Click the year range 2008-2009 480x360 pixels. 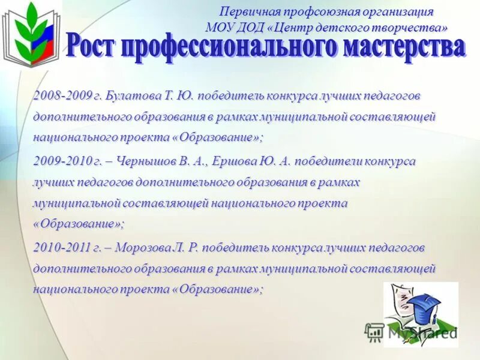pyautogui.click(x=62, y=95)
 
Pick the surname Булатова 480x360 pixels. pyautogui.click(x=136, y=95)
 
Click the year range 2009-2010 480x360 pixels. pyautogui.click(x=62, y=161)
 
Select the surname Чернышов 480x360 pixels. pyautogui.click(x=145, y=161)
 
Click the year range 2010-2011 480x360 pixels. pyautogui.click(x=62, y=247)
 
